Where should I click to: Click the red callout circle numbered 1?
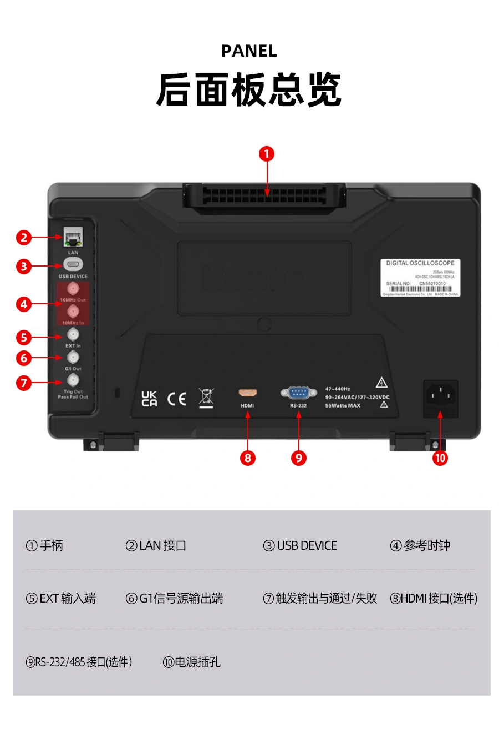[267, 154]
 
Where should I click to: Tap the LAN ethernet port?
[72, 238]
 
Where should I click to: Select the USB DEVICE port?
[73, 264]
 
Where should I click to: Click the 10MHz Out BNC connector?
[73, 289]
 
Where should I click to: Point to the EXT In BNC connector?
[73, 334]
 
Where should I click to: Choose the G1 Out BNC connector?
[73, 357]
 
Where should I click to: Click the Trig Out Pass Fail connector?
[73, 380]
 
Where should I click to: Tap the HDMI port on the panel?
[247, 393]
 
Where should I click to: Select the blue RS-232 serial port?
[298, 393]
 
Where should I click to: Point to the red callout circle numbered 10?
[440, 458]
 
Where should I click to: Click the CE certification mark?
[177, 399]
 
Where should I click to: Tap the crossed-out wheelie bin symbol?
[206, 398]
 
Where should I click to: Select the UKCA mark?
[149, 399]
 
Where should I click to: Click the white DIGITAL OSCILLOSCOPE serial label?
[420, 278]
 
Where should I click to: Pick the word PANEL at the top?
[249, 51]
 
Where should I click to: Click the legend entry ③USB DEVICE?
[300, 546]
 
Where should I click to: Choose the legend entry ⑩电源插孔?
[192, 662]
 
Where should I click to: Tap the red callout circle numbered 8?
[248, 458]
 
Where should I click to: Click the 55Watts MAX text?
[343, 406]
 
